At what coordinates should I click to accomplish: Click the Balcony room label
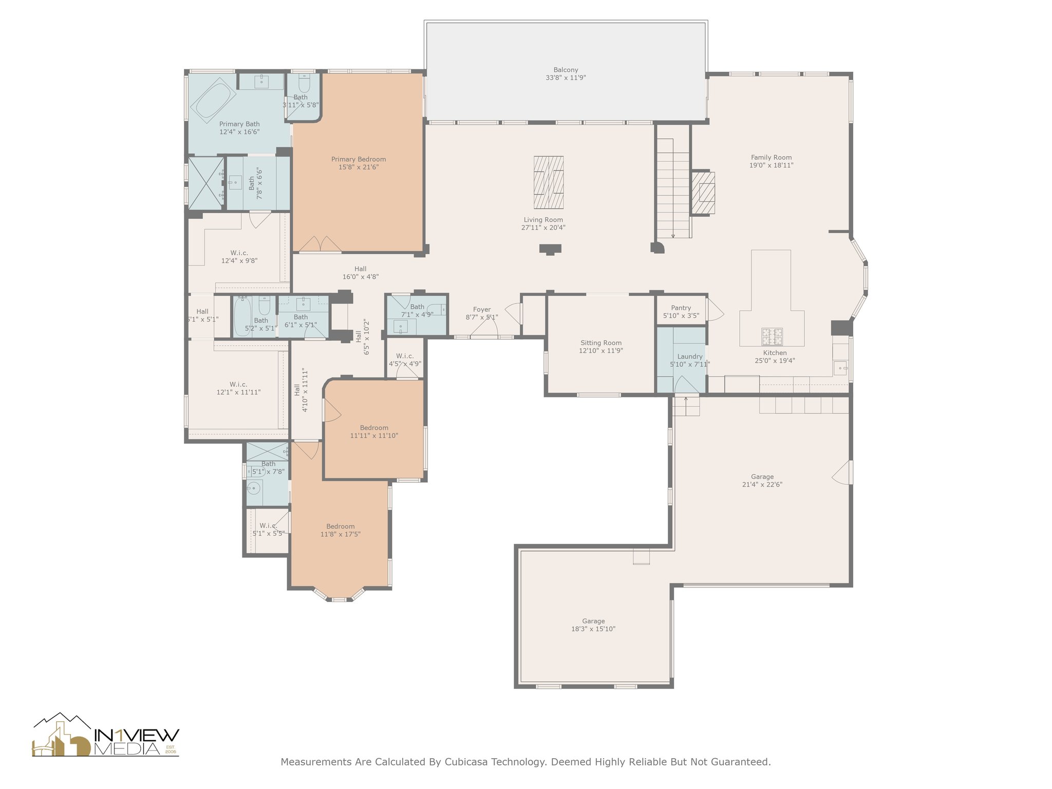tap(566, 70)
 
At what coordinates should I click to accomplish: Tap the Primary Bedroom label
tap(359, 159)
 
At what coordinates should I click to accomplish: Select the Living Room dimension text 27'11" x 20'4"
tap(543, 228)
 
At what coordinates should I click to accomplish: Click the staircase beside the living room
tap(673, 188)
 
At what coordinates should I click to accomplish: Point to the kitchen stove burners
tap(772, 336)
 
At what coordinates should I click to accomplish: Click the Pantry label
tap(681, 308)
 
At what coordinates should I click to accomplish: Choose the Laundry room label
tap(690, 356)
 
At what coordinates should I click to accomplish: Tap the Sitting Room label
tap(601, 343)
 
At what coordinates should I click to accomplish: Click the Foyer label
tap(482, 309)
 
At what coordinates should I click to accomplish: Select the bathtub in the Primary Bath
tap(214, 100)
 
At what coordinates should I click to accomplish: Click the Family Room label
tap(771, 157)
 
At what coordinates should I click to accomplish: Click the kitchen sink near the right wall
tap(840, 368)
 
